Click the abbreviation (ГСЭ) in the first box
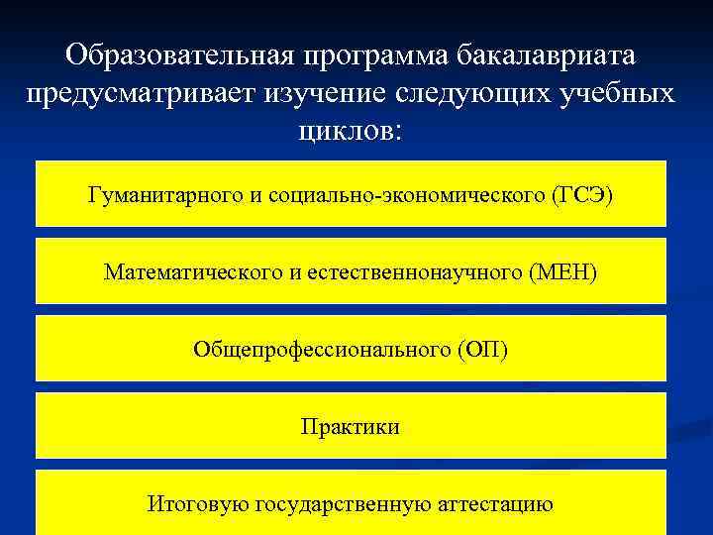pos(583,195)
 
